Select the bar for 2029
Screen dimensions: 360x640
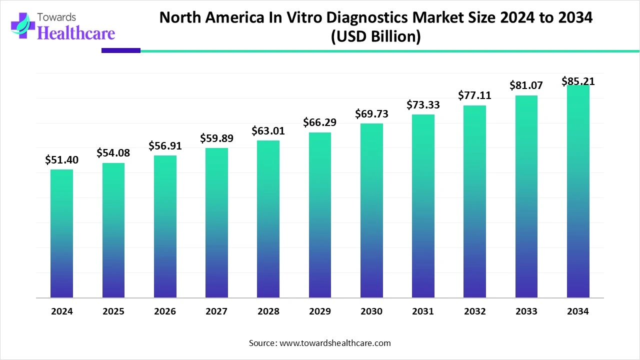pyautogui.click(x=320, y=215)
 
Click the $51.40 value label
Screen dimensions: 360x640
pyautogui.click(x=61, y=160)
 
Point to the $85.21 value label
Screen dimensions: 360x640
pyautogui.click(x=578, y=81)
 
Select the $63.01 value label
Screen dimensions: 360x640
pyautogui.click(x=268, y=131)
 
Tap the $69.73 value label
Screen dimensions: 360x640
pyautogui.click(x=371, y=114)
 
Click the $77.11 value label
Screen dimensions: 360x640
pyautogui.click(x=474, y=95)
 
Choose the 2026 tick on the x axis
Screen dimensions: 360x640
pyautogui.click(x=165, y=311)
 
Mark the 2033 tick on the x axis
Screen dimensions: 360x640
pyautogui.click(x=526, y=311)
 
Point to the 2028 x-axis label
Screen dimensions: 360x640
pyautogui.click(x=268, y=311)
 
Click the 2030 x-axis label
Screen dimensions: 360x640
pyautogui.click(x=371, y=311)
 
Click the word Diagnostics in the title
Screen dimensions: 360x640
pyautogui.click(x=339, y=17)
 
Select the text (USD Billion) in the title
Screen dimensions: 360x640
pyautogui.click(x=375, y=37)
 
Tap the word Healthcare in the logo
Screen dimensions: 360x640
pyautogui.click(x=76, y=32)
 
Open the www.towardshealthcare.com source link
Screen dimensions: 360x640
pyautogui.click(x=334, y=343)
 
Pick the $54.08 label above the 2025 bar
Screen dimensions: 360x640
pyautogui.click(x=113, y=152)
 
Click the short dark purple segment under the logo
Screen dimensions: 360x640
pyautogui.click(x=121, y=50)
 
